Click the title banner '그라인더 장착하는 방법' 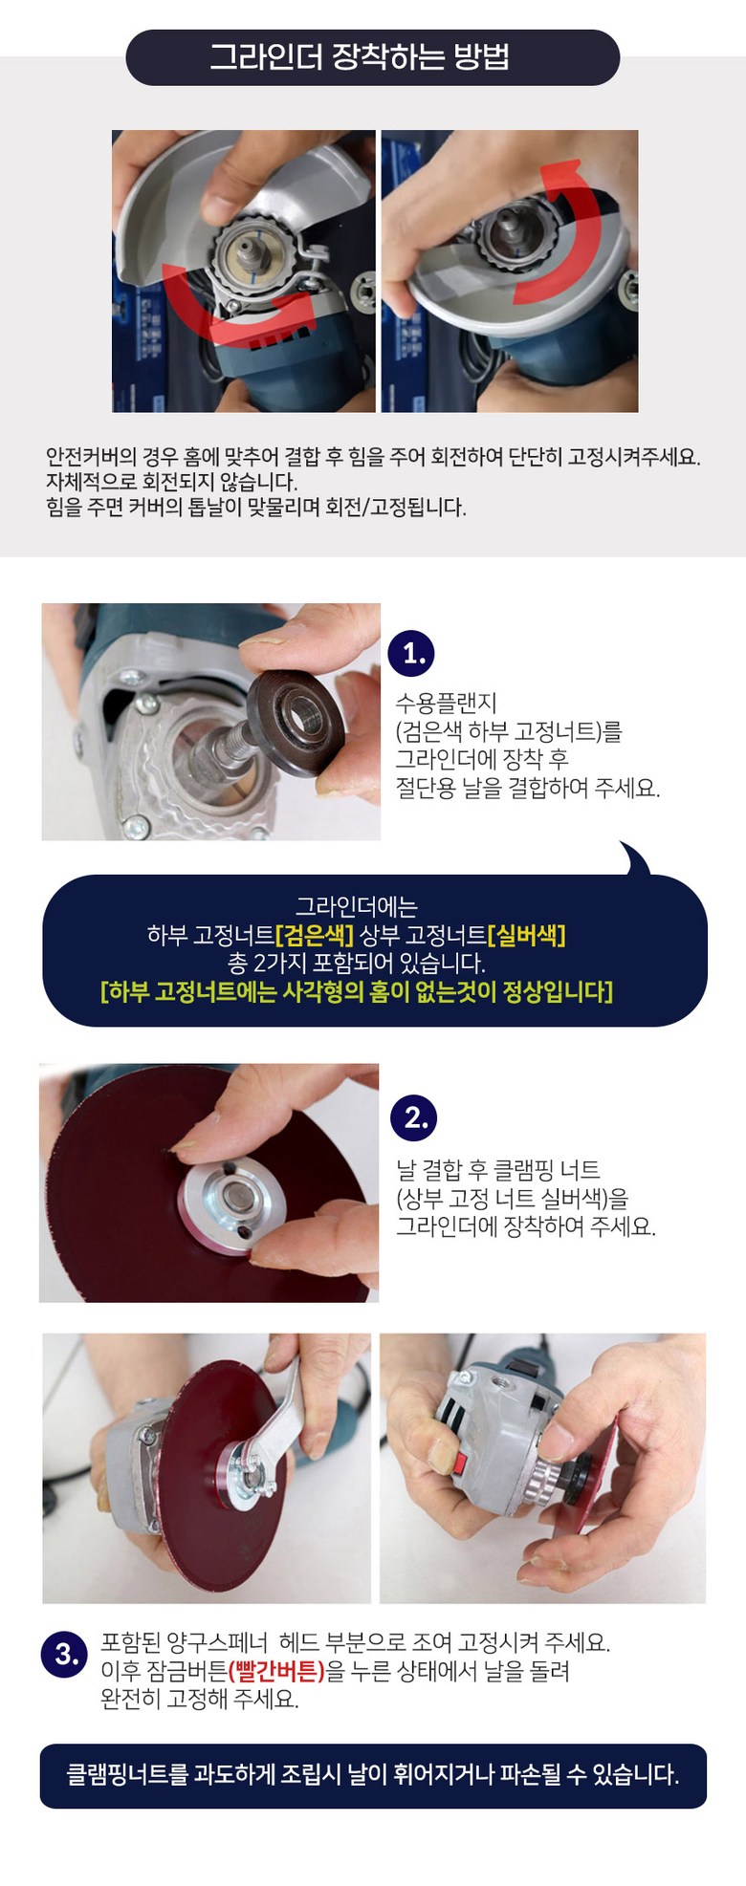373,57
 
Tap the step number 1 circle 411,654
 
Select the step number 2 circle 414,1117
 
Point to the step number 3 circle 65,1654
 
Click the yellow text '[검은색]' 315,934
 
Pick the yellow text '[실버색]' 527,934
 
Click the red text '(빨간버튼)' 276,1671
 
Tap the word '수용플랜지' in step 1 447,704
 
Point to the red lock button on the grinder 461,1463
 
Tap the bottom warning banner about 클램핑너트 373,1775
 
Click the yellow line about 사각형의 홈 357,990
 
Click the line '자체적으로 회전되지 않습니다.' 172,481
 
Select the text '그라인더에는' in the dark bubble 357,906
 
